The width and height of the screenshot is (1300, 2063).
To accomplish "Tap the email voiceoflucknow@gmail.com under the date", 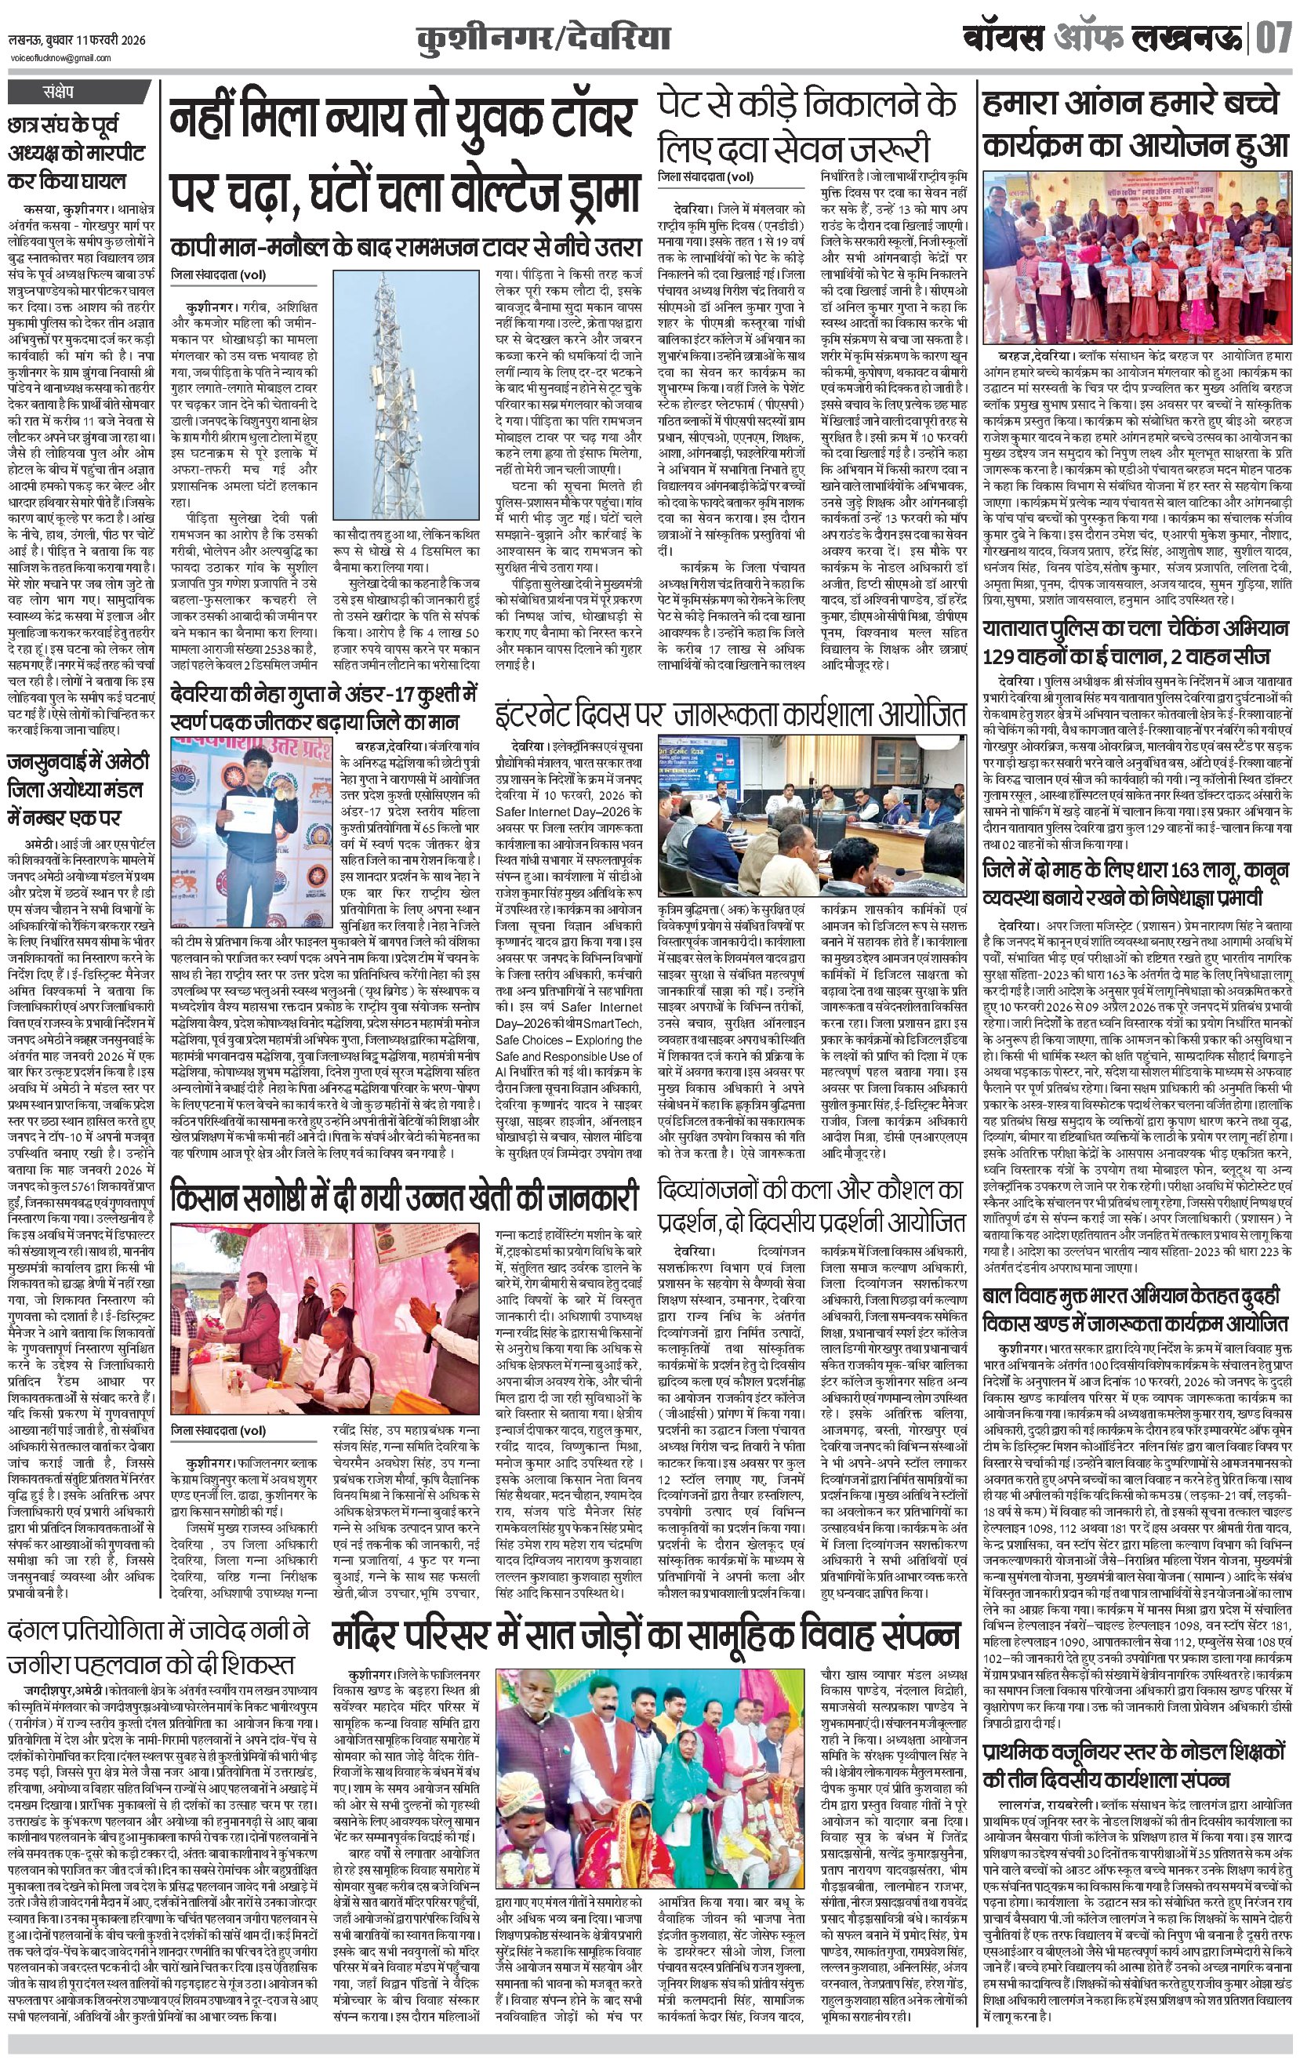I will [60, 57].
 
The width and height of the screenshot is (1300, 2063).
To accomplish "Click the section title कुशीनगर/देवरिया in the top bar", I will [542, 39].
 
